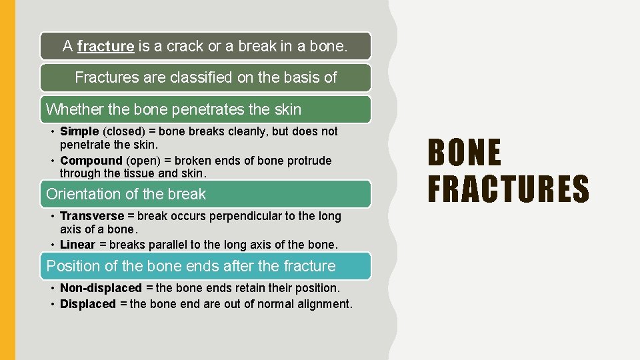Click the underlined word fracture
pyautogui.click(x=105, y=47)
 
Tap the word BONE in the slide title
pyautogui.click(x=464, y=153)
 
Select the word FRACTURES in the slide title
pyautogui.click(x=508, y=188)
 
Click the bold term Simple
pyautogui.click(x=79, y=131)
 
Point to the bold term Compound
pyautogui.click(x=91, y=161)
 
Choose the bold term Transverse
pyautogui.click(x=92, y=216)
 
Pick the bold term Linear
pyautogui.click(x=77, y=245)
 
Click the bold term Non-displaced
pyautogui.click(x=101, y=288)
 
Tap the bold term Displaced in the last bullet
pyautogui.click(x=88, y=304)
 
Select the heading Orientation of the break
pyautogui.click(x=126, y=195)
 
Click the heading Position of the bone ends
pyautogui.click(x=191, y=266)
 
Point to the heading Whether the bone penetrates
pyautogui.click(x=173, y=109)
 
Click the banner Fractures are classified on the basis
pyautogui.click(x=205, y=77)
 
